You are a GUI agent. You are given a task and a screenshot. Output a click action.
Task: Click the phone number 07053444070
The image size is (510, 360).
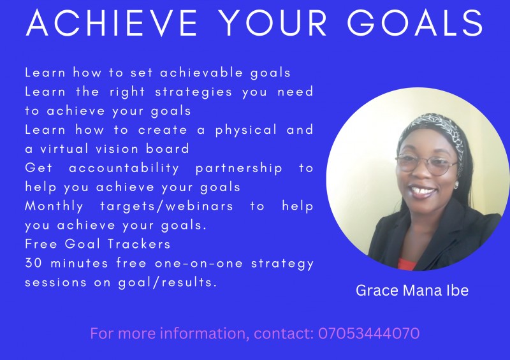click(368, 333)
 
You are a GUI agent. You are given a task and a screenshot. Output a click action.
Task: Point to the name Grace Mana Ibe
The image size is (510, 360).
click(412, 291)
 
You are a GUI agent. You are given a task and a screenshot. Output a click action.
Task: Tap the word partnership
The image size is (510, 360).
click(238, 168)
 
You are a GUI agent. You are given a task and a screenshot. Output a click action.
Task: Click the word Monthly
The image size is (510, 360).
click(54, 206)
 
